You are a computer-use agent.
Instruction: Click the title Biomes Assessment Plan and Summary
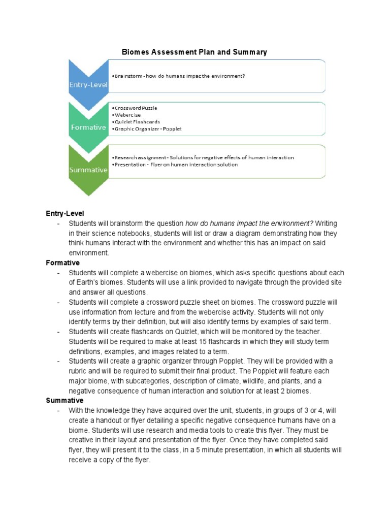point(194,52)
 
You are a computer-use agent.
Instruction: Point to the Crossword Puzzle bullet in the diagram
point(136,108)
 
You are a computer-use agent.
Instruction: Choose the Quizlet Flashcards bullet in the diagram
point(137,122)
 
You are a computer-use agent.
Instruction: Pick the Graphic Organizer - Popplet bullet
point(148,129)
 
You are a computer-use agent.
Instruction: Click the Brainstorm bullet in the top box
point(180,76)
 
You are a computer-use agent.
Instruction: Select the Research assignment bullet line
point(204,157)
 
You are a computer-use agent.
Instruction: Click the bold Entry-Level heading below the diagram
point(65,213)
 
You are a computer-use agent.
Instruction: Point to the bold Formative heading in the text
point(63,263)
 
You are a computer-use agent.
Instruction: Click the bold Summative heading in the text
point(65,401)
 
